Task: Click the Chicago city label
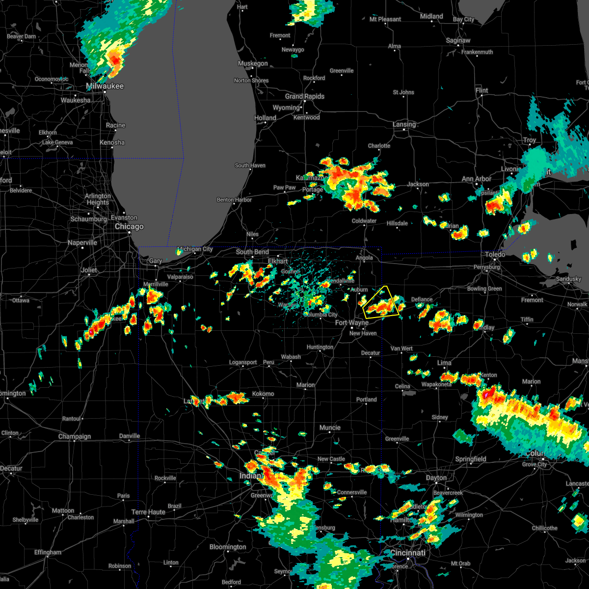(129, 227)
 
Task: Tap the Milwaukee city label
(105, 86)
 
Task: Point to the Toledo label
(495, 254)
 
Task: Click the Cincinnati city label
(408, 553)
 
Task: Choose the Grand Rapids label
(304, 97)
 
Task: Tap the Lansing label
(404, 125)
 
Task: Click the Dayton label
(436, 478)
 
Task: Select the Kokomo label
(263, 394)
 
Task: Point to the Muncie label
(330, 428)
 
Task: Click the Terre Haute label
(149, 512)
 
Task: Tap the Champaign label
(75, 436)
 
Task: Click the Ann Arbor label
(476, 179)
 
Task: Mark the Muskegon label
(253, 64)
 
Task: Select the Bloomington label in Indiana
(228, 547)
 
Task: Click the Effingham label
(48, 552)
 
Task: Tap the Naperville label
(82, 243)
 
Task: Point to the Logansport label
(243, 363)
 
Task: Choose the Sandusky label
(568, 279)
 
